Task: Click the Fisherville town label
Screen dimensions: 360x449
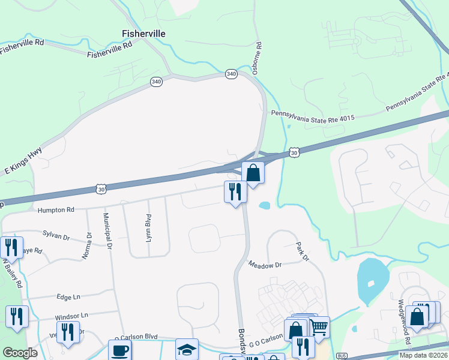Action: [143, 34]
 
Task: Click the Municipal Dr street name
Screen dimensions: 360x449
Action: [107, 230]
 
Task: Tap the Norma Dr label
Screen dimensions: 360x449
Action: [88, 245]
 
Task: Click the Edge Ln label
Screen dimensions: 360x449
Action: [68, 297]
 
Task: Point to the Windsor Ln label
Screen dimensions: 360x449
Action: [71, 315]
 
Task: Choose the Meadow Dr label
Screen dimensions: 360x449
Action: [265, 265]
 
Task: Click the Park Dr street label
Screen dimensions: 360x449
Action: [301, 252]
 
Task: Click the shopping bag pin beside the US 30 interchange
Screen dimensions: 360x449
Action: [253, 172]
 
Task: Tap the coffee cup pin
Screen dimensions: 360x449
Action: [119, 350]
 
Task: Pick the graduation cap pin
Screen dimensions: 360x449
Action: [187, 350]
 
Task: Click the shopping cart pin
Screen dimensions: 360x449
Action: [319, 327]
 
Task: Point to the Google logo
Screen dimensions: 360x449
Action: [20, 353]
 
